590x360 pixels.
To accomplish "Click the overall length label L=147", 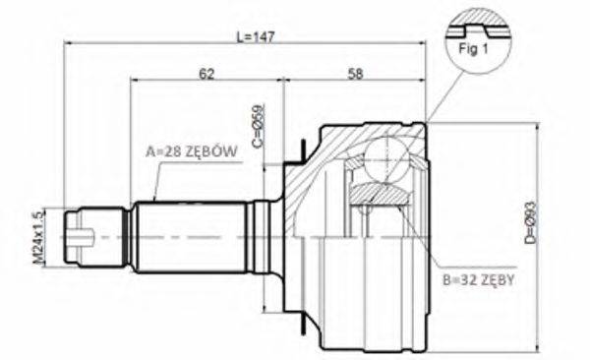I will (x=255, y=35).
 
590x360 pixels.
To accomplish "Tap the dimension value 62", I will (x=206, y=73).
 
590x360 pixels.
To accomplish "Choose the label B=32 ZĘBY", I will (x=479, y=278).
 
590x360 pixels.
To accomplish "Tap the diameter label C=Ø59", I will (x=260, y=127).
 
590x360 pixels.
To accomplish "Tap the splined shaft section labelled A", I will (x=192, y=236).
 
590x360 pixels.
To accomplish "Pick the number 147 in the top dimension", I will (x=263, y=35).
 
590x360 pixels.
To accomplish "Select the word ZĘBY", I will (x=501, y=278).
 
